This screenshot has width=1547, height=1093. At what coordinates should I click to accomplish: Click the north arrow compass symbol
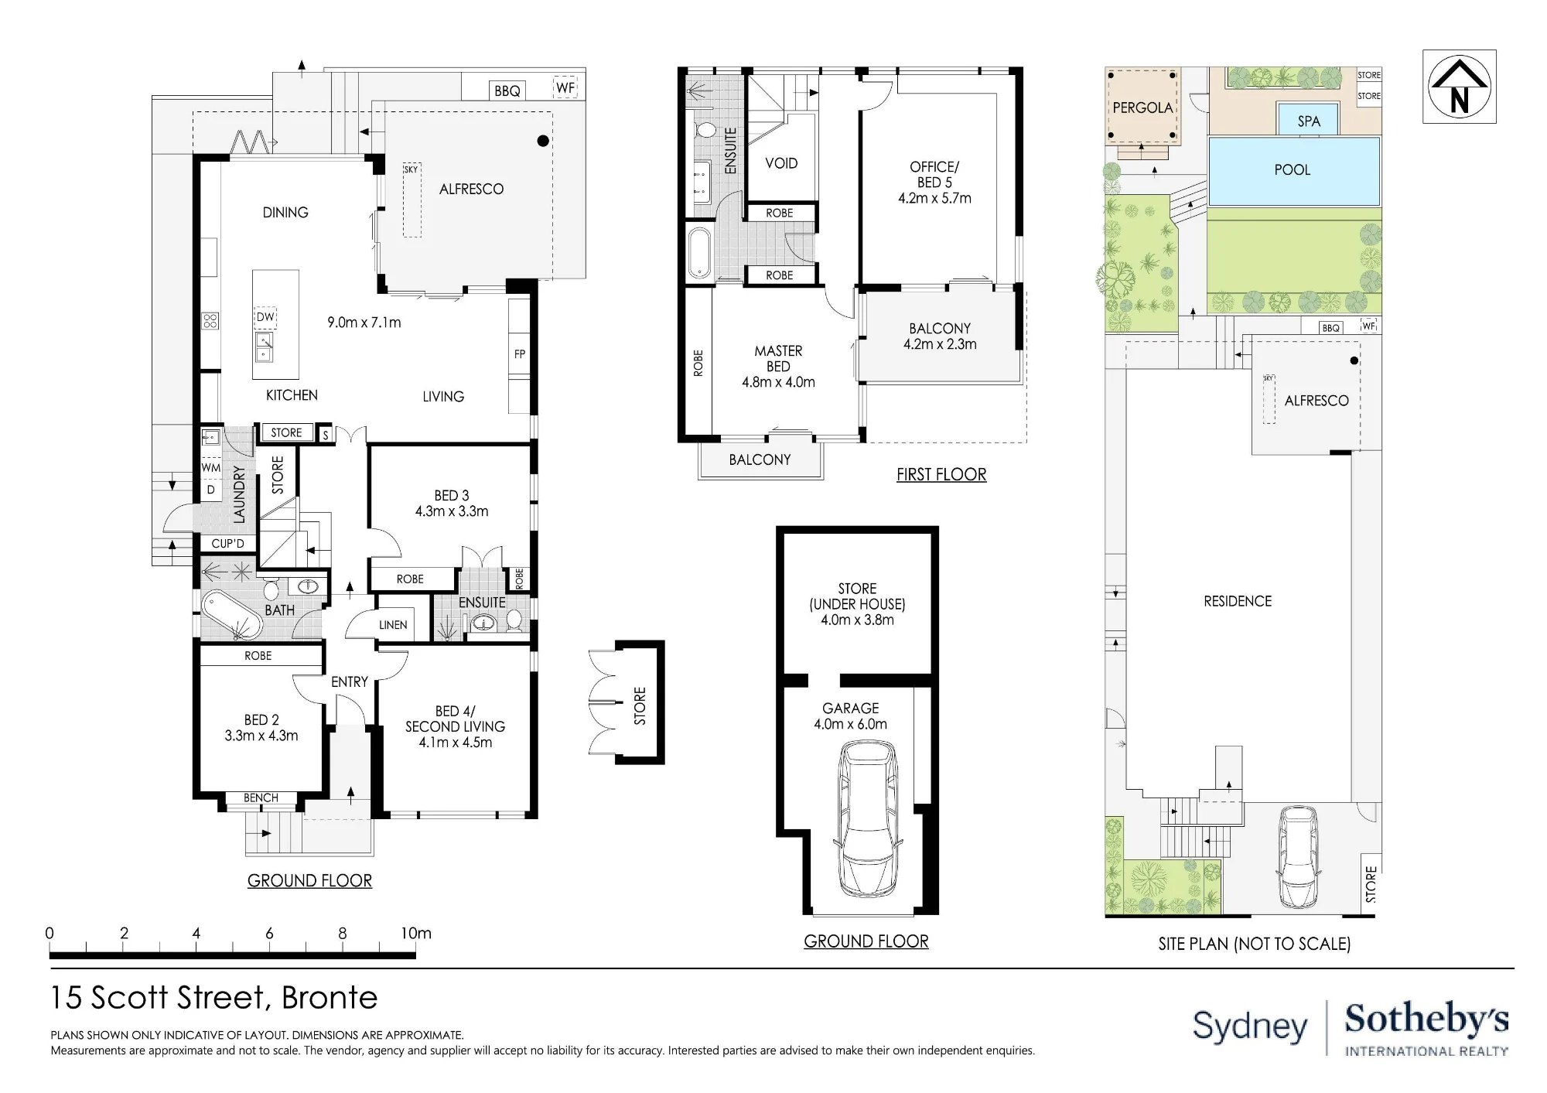tap(1459, 86)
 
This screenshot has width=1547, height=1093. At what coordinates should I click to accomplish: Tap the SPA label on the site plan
tap(1309, 121)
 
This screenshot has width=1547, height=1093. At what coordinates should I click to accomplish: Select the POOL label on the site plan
tap(1293, 170)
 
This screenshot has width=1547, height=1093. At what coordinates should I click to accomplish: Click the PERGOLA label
tap(1142, 108)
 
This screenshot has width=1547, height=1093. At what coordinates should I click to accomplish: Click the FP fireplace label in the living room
tap(520, 354)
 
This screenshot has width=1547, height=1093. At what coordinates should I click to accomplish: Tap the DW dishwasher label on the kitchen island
tap(265, 317)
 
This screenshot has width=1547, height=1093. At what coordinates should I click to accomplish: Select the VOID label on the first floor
tap(781, 163)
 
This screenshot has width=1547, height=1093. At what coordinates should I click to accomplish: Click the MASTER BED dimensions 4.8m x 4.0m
tap(778, 382)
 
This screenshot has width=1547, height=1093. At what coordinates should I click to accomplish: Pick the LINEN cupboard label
tap(393, 625)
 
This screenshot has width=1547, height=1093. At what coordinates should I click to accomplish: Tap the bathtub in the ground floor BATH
tap(232, 616)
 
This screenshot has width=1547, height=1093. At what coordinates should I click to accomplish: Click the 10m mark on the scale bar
tap(415, 934)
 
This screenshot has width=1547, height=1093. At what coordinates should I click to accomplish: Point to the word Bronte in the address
tap(330, 998)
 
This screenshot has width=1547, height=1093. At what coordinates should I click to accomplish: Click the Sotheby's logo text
tap(1426, 1020)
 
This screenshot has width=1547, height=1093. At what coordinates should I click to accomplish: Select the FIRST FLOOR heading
tap(941, 475)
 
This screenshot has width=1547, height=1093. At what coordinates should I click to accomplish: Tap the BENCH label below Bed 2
tap(261, 798)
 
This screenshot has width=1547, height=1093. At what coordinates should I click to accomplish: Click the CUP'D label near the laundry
tap(228, 543)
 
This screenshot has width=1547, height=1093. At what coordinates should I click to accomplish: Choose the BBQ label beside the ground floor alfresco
tap(507, 91)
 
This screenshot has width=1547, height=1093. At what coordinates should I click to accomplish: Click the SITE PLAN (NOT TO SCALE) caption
tap(1255, 944)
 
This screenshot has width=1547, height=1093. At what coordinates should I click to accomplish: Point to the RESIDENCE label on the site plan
tap(1238, 601)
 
